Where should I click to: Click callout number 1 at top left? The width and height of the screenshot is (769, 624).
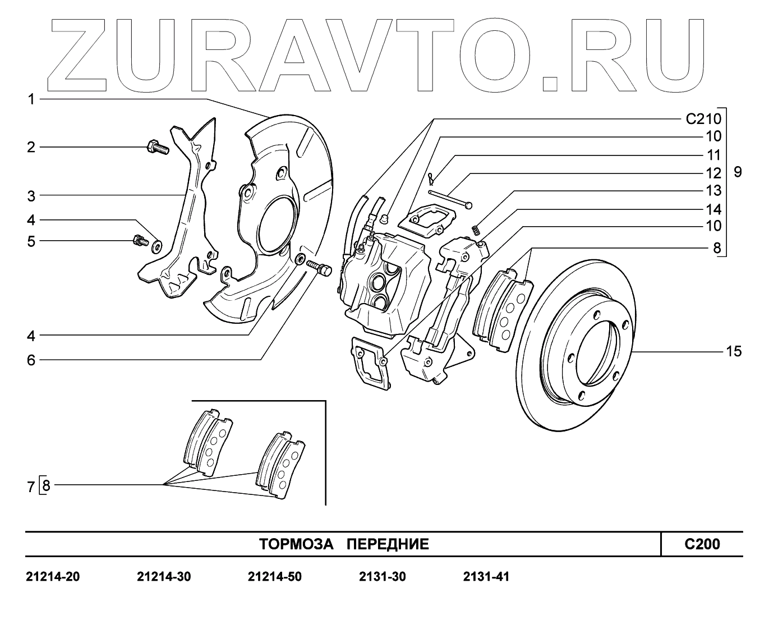31,99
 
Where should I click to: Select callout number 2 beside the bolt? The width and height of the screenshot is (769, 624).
31,147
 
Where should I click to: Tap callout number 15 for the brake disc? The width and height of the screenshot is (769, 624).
734,352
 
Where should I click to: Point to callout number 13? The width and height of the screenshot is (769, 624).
713,191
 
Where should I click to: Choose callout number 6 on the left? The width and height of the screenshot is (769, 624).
31,360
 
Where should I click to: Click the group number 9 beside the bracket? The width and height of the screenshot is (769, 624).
737,172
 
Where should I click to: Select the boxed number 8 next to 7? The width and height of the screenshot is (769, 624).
46,485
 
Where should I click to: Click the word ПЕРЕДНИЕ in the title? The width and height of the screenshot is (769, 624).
388,544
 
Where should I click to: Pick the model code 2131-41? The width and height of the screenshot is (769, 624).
486,577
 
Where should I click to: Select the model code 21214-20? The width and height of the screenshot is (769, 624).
53,577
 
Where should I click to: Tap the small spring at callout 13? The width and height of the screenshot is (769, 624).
476,229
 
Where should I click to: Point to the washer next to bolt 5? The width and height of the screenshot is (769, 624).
156,245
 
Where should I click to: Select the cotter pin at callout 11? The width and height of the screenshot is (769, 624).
430,178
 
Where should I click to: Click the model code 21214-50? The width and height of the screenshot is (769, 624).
274,577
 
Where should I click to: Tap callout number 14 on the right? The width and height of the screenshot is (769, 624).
713,210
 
